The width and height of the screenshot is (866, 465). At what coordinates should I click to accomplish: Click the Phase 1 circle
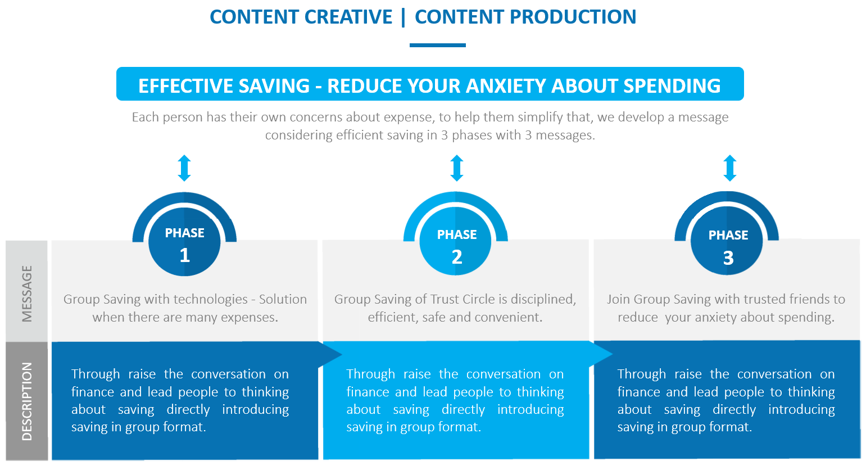point(184,242)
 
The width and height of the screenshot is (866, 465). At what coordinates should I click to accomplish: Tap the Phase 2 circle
point(456,241)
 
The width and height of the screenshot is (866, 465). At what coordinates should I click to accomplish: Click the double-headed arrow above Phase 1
point(184,168)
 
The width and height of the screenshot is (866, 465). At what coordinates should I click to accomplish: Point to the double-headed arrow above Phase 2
point(457,168)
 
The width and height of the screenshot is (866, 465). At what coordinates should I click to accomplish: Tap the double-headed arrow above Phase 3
point(730,168)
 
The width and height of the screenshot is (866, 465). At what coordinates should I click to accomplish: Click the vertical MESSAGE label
point(26,294)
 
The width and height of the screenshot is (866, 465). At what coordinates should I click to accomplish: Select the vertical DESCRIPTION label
point(26,401)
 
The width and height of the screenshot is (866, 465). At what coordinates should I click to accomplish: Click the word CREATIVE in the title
point(348,17)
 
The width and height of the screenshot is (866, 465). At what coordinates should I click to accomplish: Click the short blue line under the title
point(438,45)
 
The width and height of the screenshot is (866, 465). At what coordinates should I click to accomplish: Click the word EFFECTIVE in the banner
point(185,85)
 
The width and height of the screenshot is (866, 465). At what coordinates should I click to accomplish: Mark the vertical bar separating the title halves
point(403,17)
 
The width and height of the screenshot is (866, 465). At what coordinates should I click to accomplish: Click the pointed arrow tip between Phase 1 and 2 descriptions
point(342,354)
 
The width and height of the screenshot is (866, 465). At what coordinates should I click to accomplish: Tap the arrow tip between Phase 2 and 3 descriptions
point(613,354)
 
